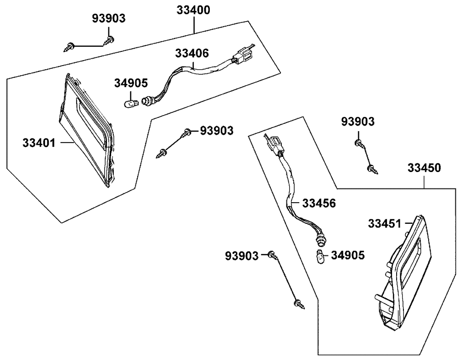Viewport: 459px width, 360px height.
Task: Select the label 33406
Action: pyautogui.click(x=191, y=53)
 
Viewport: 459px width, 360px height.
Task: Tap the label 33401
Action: pyautogui.click(x=39, y=143)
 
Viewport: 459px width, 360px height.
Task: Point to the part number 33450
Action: pyautogui.click(x=424, y=168)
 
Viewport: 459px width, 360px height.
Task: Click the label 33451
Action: pyautogui.click(x=384, y=223)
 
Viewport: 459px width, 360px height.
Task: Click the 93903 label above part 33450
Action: pyautogui.click(x=358, y=122)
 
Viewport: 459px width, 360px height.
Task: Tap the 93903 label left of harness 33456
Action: pyautogui.click(x=241, y=254)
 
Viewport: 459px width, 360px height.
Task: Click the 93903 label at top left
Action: pyautogui.click(x=108, y=18)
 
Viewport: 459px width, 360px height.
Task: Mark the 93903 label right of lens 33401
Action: pyautogui.click(x=216, y=131)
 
